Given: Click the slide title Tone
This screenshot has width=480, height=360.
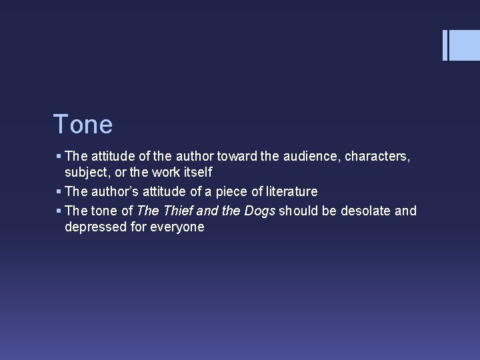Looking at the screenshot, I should point(83,124).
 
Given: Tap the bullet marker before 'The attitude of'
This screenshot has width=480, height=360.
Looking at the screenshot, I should point(59,157).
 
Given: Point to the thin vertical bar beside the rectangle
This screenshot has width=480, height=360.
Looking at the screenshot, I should point(445,45).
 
